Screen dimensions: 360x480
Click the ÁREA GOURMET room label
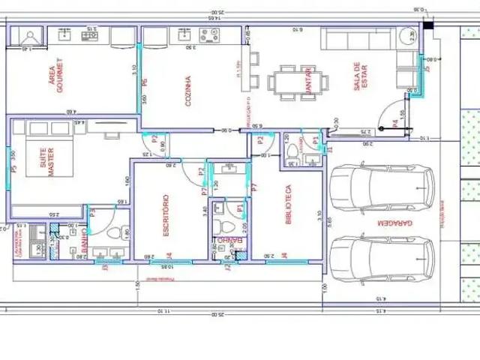pyautogui.click(x=57, y=75)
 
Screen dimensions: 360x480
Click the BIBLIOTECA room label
pyautogui.click(x=287, y=205)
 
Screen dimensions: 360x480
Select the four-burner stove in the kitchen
pyautogui.click(x=208, y=34)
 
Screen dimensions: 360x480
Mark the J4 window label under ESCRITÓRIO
pyautogui.click(x=169, y=255)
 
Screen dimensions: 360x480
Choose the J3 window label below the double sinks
pyautogui.click(x=106, y=265)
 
